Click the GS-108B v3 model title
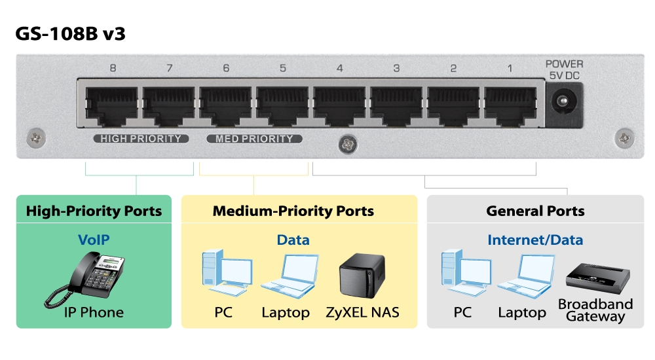[x=71, y=34]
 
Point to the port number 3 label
[x=396, y=68]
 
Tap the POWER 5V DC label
[x=564, y=69]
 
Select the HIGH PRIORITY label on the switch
[x=141, y=139]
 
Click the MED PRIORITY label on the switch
[x=254, y=139]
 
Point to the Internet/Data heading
[x=534, y=240]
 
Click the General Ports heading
[x=535, y=211]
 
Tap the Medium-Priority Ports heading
[x=293, y=211]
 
